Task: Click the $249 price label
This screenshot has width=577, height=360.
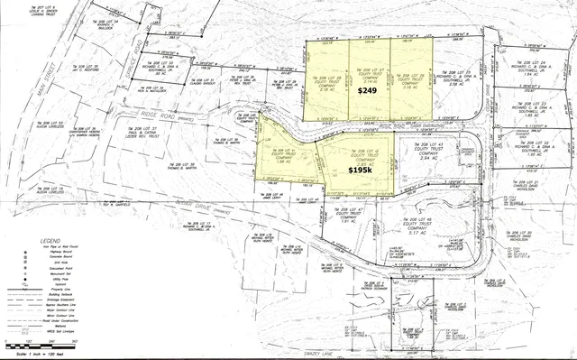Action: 368,92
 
